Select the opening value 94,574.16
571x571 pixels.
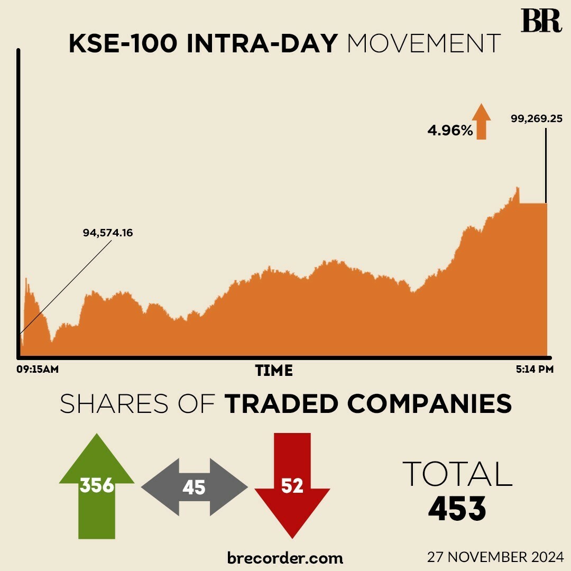(107, 232)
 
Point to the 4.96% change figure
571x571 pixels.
(450, 130)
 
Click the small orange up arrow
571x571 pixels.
(481, 121)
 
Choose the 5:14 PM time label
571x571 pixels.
(535, 370)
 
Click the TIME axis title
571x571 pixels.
(274, 371)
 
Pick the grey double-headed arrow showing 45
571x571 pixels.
(194, 487)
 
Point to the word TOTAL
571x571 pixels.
(457, 474)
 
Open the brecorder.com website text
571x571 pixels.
(285, 557)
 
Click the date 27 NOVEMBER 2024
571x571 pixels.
(496, 557)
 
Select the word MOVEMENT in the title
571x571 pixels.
(423, 44)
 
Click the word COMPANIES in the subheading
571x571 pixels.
(429, 404)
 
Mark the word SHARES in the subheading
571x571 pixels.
(114, 404)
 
